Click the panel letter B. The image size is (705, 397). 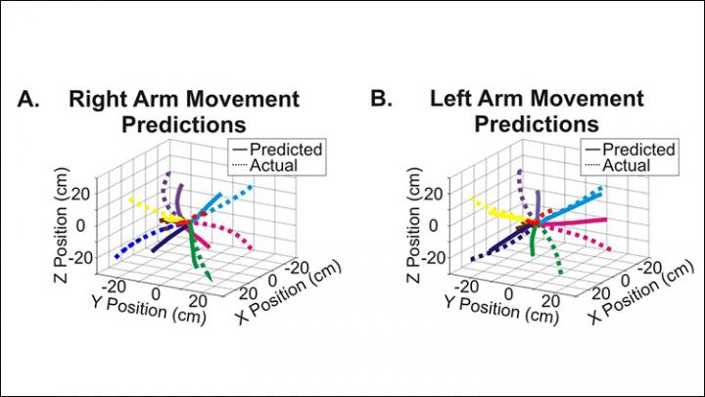(x=381, y=100)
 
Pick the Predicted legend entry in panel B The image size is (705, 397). (x=638, y=150)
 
